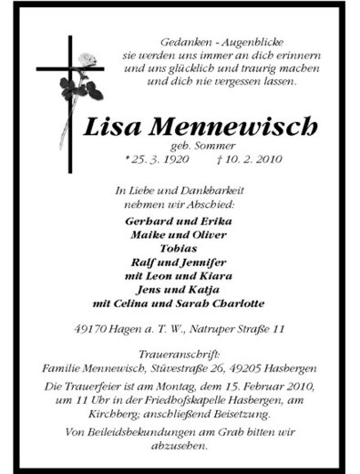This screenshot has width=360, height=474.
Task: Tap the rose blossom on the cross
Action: click(x=87, y=61)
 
